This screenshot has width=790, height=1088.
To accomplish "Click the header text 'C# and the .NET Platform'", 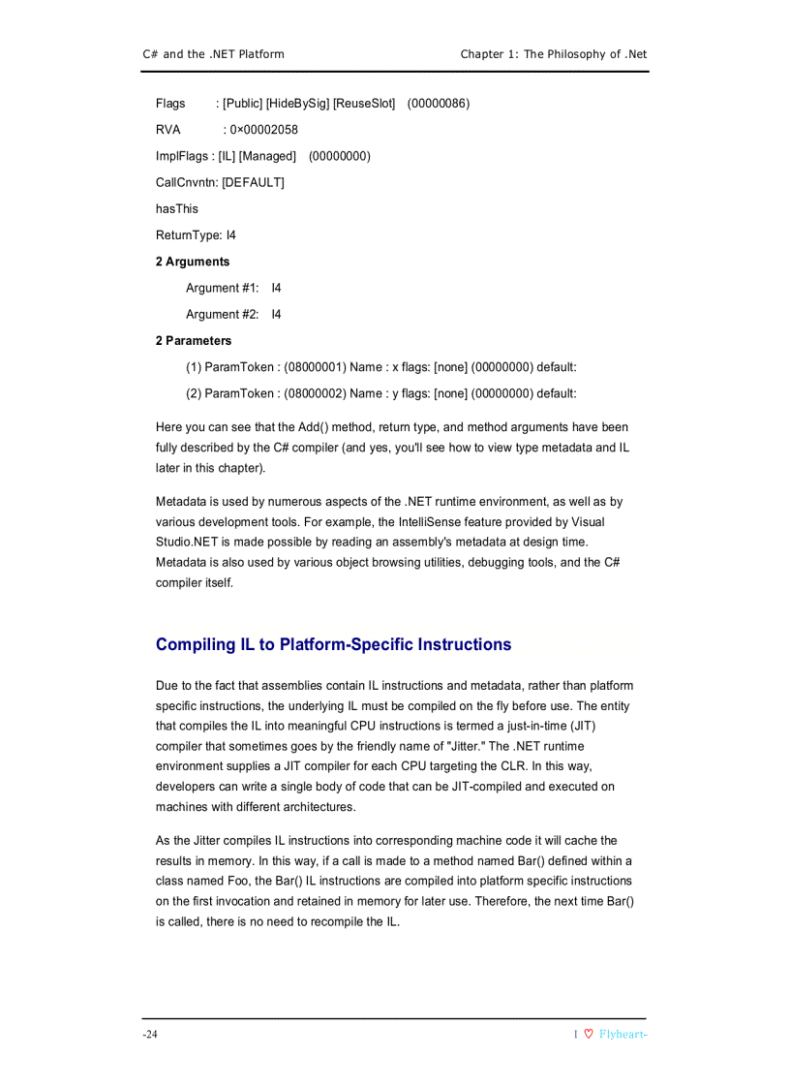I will pyautogui.click(x=213, y=54).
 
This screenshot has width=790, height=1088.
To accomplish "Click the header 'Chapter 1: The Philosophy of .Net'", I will pyautogui.click(x=553, y=54).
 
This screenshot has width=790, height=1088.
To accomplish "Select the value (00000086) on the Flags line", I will pyautogui.click(x=439, y=104).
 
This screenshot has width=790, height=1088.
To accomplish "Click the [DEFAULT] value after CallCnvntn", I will pyautogui.click(x=254, y=182).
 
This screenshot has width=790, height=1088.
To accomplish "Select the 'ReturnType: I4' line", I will pyautogui.click(x=196, y=234).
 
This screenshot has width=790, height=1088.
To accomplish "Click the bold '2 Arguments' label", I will pyautogui.click(x=193, y=262).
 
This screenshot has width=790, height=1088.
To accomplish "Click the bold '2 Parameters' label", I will pyautogui.click(x=194, y=340).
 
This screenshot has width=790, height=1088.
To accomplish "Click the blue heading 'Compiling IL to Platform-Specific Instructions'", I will pyautogui.click(x=333, y=644).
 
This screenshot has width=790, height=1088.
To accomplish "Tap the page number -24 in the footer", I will pyautogui.click(x=150, y=1035).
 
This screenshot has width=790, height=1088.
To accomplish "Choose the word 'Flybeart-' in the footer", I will pyautogui.click(x=623, y=1035).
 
